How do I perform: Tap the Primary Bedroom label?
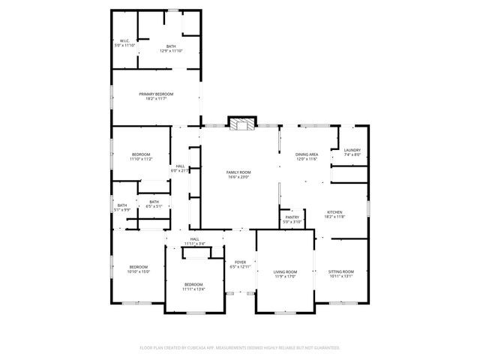point(156,94)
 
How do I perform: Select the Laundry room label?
point(352,150)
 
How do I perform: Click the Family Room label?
point(238,172)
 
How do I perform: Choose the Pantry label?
point(292,217)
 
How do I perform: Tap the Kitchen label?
point(334,212)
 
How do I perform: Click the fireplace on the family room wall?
point(241,123)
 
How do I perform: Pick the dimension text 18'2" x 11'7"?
point(156,99)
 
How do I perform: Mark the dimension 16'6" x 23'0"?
point(238,178)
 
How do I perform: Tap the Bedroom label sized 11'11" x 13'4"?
point(193,284)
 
